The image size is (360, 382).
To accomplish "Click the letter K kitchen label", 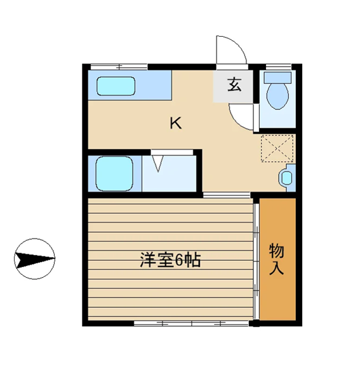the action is click(x=176, y=123).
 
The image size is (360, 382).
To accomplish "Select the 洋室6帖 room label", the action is click(x=170, y=260).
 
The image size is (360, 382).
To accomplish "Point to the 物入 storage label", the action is click(x=277, y=260).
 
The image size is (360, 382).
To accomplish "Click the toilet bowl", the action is click(x=277, y=96).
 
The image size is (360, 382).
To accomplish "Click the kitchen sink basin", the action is click(x=116, y=86).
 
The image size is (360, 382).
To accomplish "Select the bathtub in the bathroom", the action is click(x=114, y=173).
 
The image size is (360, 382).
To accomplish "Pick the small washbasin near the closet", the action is click(x=287, y=178).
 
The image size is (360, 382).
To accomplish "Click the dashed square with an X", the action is click(x=277, y=148).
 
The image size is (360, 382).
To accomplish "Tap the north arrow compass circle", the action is click(x=35, y=259).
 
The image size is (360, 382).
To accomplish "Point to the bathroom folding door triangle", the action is click(x=158, y=163).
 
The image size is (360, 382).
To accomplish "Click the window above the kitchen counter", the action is click(x=119, y=67).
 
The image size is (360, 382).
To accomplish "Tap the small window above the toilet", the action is click(x=278, y=67).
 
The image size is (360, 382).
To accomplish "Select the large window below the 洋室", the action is click(x=192, y=323).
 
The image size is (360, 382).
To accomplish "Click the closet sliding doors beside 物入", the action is click(x=256, y=261).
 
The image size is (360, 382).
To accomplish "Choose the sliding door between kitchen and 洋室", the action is click(x=227, y=195).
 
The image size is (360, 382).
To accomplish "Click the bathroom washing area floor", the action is click(x=170, y=173).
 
